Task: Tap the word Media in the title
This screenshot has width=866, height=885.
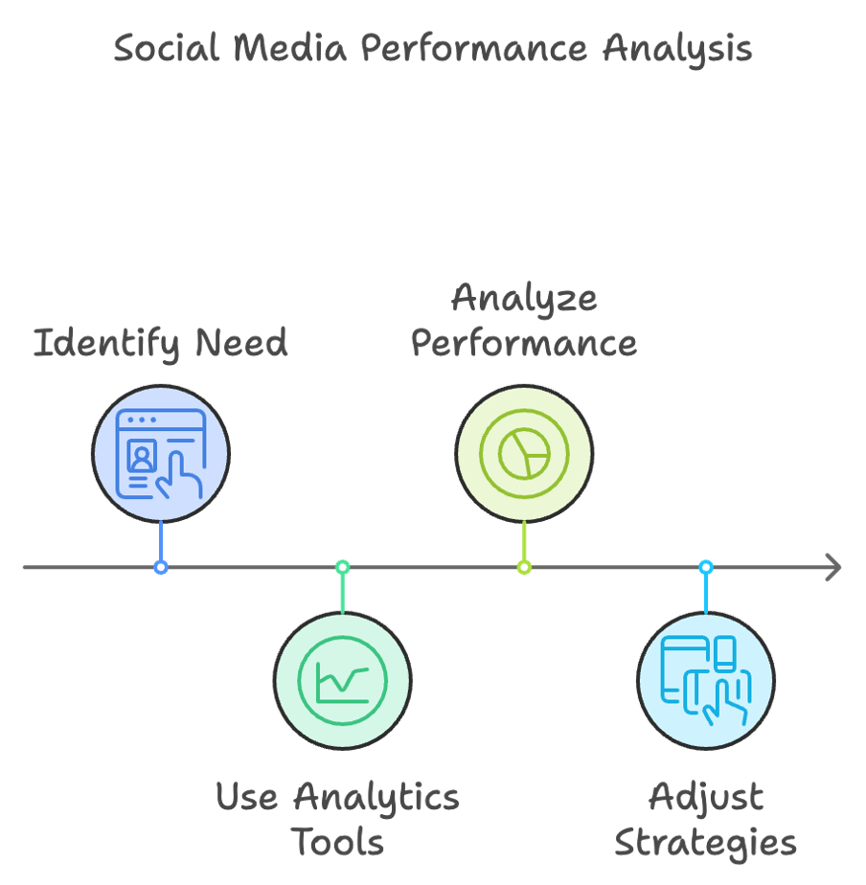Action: pyautogui.click(x=291, y=49)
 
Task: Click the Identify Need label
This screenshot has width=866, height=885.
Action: pyautogui.click(x=161, y=343)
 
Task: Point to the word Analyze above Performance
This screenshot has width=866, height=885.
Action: pyautogui.click(x=524, y=299)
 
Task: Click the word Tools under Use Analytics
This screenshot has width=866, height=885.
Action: pyautogui.click(x=337, y=843)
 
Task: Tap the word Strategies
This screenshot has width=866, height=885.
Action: pyautogui.click(x=705, y=843)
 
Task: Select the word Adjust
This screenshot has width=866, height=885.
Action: pyautogui.click(x=706, y=797)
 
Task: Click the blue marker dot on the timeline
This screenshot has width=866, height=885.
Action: pyautogui.click(x=161, y=568)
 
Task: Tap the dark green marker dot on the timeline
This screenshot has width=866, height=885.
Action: pyautogui.click(x=342, y=568)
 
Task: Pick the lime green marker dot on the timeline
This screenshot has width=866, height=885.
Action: pyautogui.click(x=524, y=568)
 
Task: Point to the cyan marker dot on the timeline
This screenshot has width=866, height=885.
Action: pyautogui.click(x=706, y=568)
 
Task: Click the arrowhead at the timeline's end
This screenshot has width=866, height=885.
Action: pyautogui.click(x=833, y=568)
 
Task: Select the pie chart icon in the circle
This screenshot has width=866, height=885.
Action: pyautogui.click(x=524, y=453)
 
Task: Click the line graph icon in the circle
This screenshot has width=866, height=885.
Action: pyautogui.click(x=342, y=681)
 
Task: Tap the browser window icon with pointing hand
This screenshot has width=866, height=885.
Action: pyautogui.click(x=161, y=453)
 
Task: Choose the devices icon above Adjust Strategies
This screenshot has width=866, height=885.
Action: pyautogui.click(x=706, y=681)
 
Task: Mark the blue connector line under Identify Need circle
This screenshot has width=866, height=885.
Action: pyautogui.click(x=161, y=541)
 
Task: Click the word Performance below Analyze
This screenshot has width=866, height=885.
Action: pyautogui.click(x=524, y=343)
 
